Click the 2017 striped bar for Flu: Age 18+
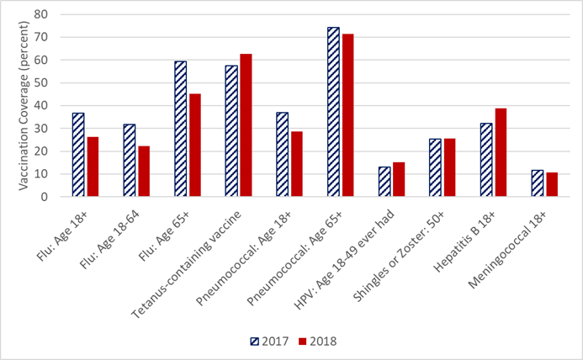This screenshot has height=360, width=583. click(x=78, y=155)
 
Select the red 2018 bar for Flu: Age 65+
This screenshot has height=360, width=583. click(x=194, y=145)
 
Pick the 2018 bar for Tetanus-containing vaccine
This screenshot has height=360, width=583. click(x=246, y=125)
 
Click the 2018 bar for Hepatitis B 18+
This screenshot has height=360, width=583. click(x=501, y=152)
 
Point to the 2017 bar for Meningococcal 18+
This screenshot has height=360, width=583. click(x=537, y=183)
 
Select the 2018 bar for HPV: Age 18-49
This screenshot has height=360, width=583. click(x=399, y=179)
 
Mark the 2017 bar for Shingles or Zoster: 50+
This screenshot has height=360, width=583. click(x=435, y=167)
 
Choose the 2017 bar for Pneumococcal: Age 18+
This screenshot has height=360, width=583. click(x=282, y=155)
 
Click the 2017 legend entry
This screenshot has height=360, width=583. click(x=269, y=341)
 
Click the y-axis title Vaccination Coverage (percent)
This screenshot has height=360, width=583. click(x=24, y=105)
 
